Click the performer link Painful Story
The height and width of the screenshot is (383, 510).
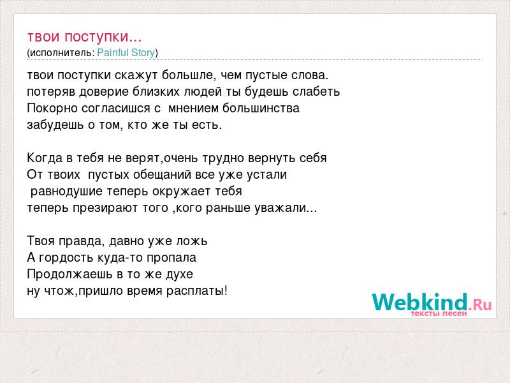coord(126,53)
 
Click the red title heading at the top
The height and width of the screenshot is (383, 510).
coord(84,37)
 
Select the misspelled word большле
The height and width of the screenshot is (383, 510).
coord(187,75)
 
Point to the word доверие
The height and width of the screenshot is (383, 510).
coord(104,92)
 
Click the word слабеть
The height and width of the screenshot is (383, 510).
coord(316,92)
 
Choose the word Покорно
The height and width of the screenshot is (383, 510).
coord(53,108)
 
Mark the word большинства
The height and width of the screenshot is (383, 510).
coord(261,108)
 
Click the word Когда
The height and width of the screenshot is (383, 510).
coord(45,158)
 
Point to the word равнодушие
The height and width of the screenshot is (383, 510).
coord(66,191)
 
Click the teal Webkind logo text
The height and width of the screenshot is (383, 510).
coord(419,302)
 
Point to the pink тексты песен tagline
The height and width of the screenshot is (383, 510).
coord(439,313)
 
